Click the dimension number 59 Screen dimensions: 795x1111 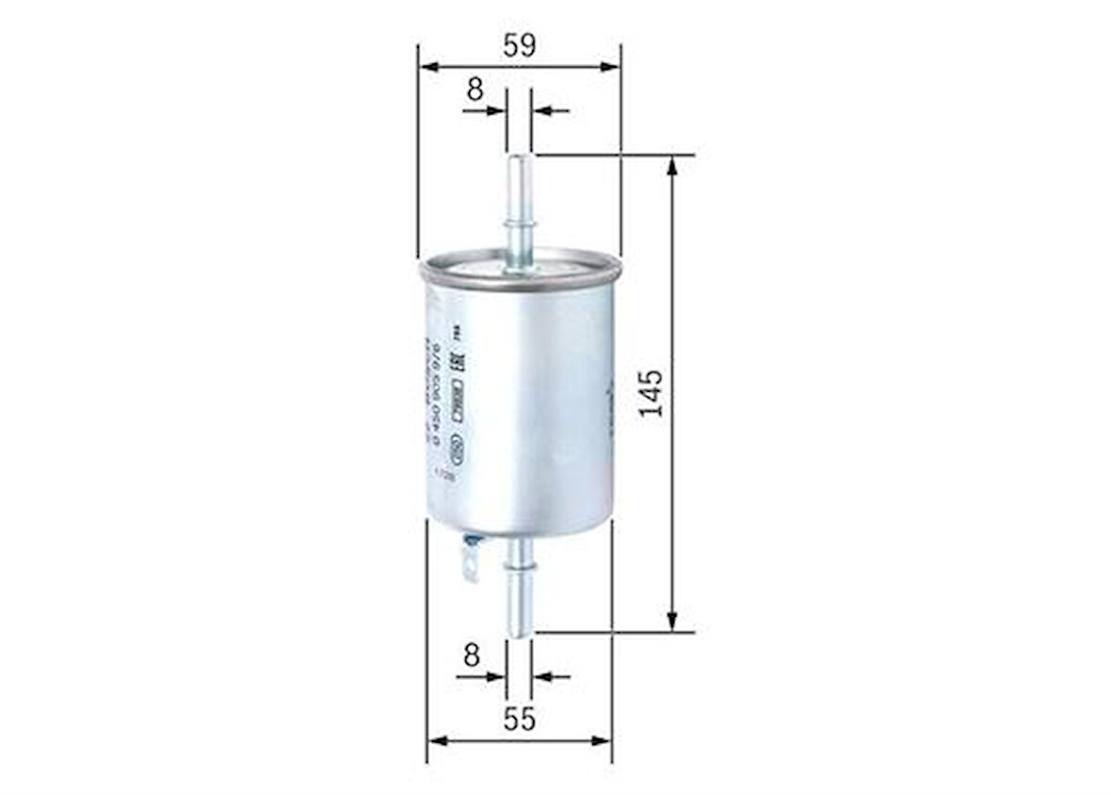pos(519,45)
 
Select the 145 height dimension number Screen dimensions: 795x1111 pos(651,393)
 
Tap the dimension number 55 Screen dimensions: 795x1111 pos(519,719)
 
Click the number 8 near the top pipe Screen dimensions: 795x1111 pos(475,89)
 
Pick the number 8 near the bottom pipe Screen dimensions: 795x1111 pos(472,655)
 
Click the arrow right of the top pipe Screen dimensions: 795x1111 pos(550,111)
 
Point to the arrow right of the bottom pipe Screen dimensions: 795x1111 pos(551,676)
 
